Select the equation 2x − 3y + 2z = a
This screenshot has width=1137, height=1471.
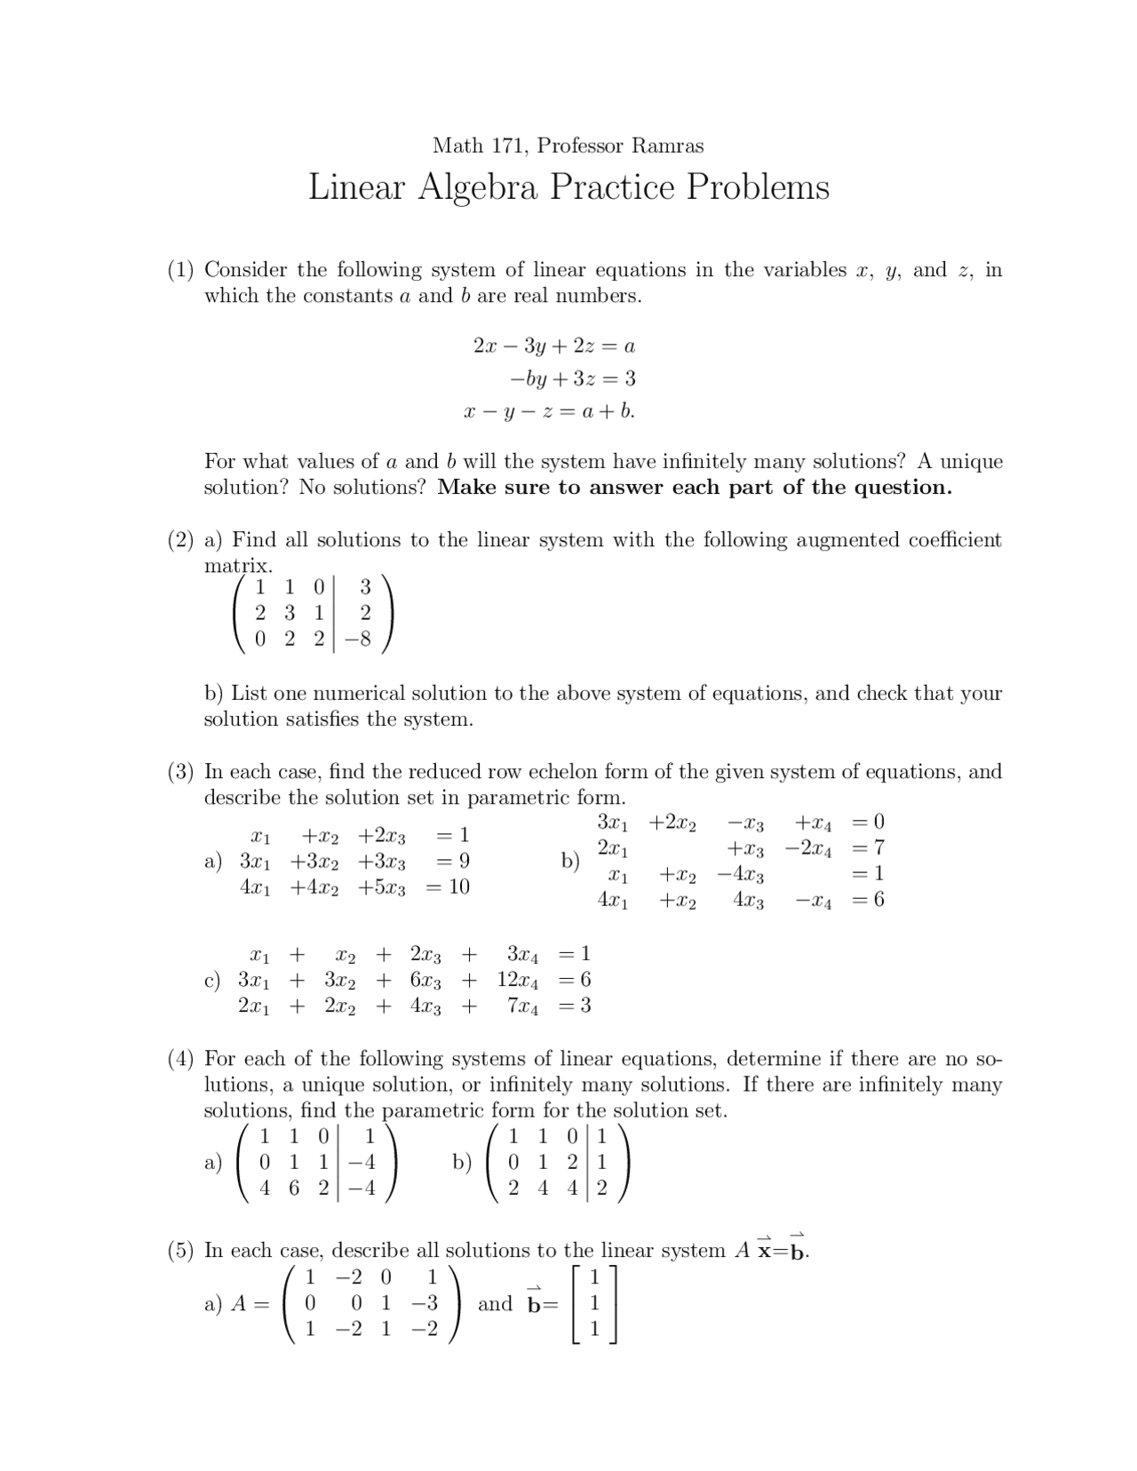click(553, 346)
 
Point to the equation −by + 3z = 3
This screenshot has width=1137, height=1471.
click(572, 379)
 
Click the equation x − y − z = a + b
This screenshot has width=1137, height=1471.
click(549, 411)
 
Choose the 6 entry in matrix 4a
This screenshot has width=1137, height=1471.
click(294, 1189)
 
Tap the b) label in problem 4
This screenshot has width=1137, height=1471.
click(462, 1162)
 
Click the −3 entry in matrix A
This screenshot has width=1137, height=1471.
click(425, 1304)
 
